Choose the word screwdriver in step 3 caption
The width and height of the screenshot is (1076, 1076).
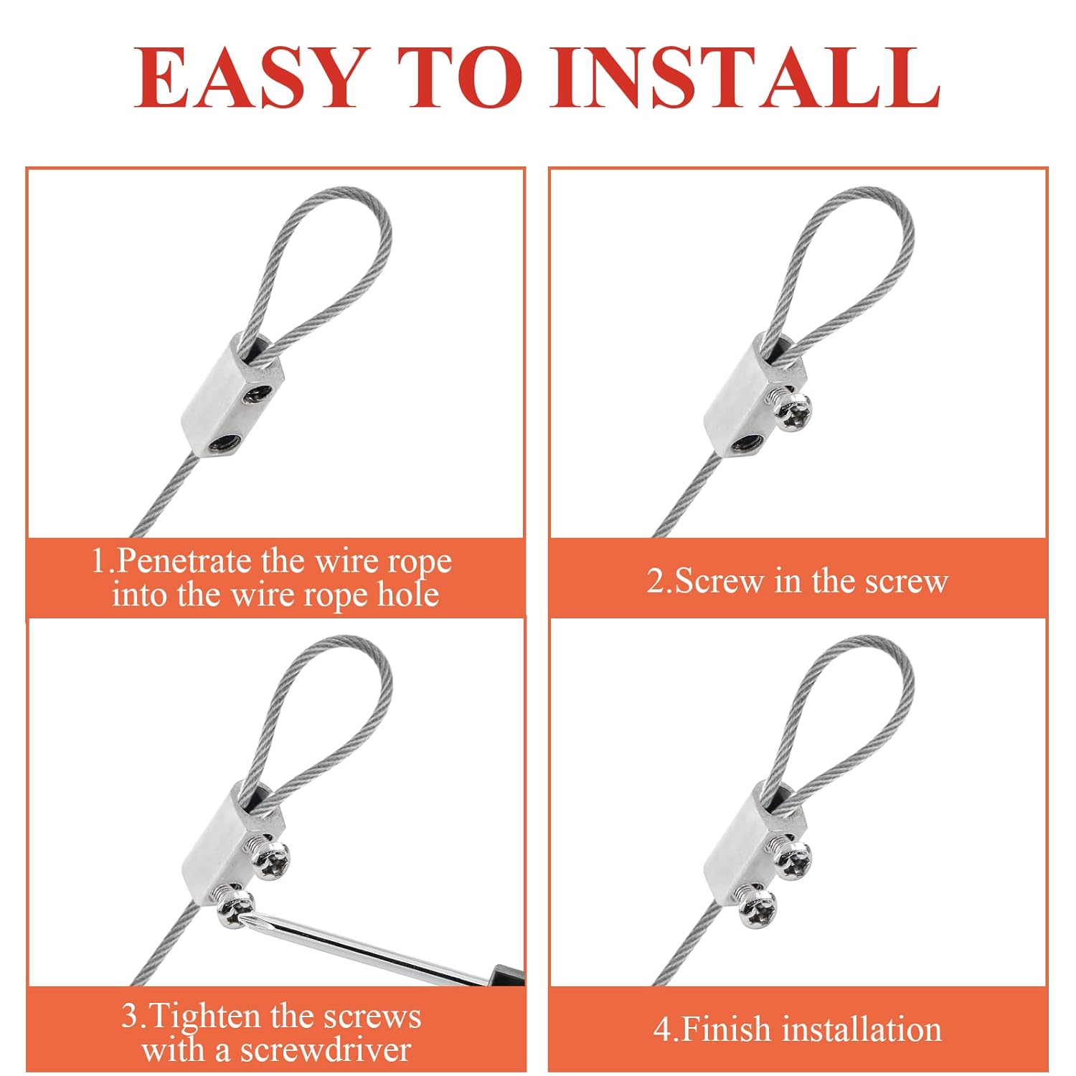coord(326,1050)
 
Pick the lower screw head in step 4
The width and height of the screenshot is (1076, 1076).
coord(758,908)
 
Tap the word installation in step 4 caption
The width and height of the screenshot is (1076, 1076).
coord(862,1029)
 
